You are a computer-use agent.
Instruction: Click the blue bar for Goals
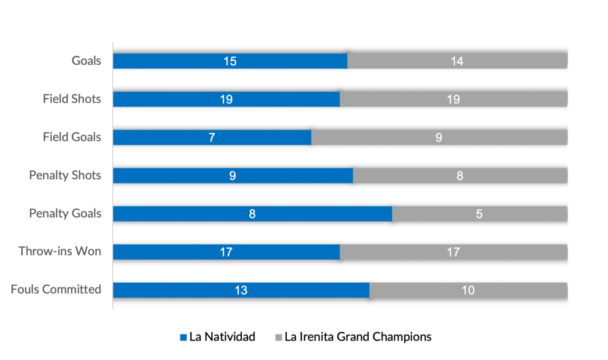pos(178,61)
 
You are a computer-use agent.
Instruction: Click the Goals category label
pos(87,61)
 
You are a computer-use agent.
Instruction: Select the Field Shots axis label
pos(72,99)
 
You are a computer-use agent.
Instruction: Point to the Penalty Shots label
pos(65,175)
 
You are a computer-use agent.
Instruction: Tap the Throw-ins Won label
pos(60,252)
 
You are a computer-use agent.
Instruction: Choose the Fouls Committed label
pos(56,290)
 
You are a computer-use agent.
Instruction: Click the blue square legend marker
pos(183,337)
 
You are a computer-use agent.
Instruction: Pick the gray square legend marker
pos(278,337)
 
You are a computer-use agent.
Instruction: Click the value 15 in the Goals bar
pos(230,61)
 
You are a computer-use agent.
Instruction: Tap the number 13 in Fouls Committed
pos(240,290)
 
